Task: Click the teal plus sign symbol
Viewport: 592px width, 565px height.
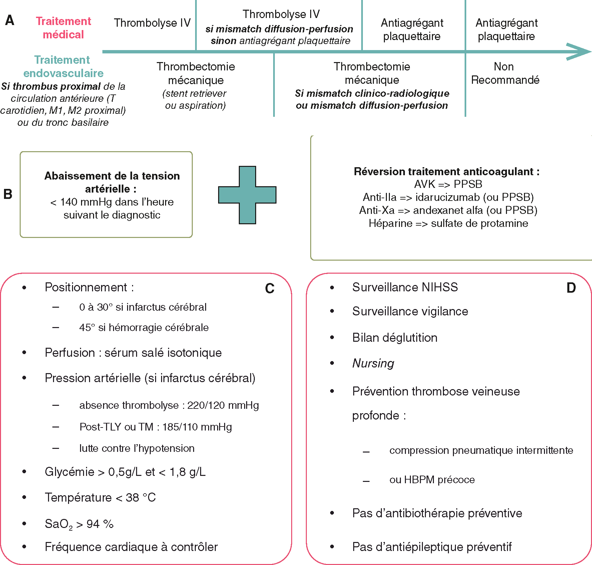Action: (247, 195)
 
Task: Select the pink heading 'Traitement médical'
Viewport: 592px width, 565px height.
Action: (63, 28)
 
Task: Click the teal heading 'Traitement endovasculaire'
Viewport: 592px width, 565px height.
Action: (63, 66)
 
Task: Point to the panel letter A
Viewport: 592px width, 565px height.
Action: (10, 20)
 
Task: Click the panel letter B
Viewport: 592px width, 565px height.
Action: (8, 194)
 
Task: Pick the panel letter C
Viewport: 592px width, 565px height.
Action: (269, 289)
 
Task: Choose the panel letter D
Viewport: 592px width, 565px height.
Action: (571, 288)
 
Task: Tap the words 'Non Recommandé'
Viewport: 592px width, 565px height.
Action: (505, 73)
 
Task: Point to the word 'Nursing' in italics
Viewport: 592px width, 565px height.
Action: (373, 363)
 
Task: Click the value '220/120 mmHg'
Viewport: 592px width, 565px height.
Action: (223, 405)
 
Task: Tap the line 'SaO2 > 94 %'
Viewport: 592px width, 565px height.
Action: (79, 524)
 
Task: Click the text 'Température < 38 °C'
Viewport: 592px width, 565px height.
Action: (100, 497)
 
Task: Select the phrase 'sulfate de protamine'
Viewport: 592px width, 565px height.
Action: (479, 223)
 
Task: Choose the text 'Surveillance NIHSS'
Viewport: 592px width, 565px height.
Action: (405, 287)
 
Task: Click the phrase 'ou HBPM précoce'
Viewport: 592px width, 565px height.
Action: (432, 480)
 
